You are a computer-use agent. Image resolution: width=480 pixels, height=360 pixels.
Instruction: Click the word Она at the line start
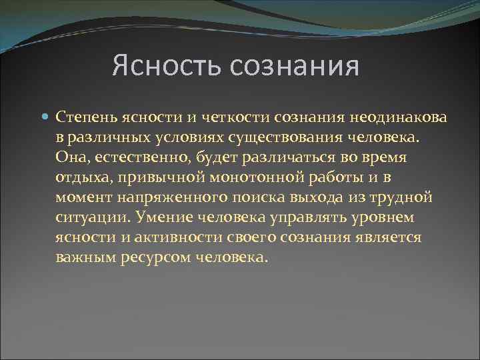pos(70,158)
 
